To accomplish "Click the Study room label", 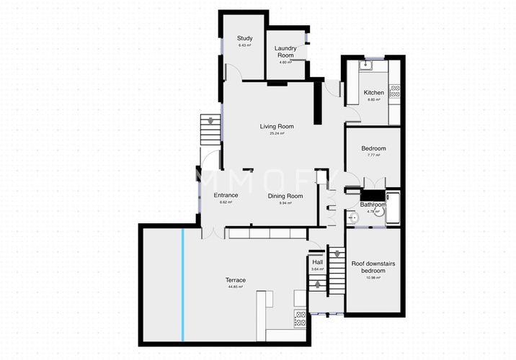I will coord(246,39).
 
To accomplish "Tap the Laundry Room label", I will coord(285,52).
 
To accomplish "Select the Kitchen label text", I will coord(373,92).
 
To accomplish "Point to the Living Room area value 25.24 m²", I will coord(277,133).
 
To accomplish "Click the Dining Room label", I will coord(285,196).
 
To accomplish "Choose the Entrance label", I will coord(226,195).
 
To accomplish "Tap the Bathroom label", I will coord(373,204).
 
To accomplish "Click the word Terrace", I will coord(236,280).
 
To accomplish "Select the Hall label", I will coord(317,262).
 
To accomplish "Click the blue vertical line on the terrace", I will coord(182,284).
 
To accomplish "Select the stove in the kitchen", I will coord(394,91).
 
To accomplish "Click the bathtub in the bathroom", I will coord(393,209).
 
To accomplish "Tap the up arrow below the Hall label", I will coord(317,285).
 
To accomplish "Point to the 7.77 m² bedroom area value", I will coord(373,155).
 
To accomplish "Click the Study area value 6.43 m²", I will coord(246,45).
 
